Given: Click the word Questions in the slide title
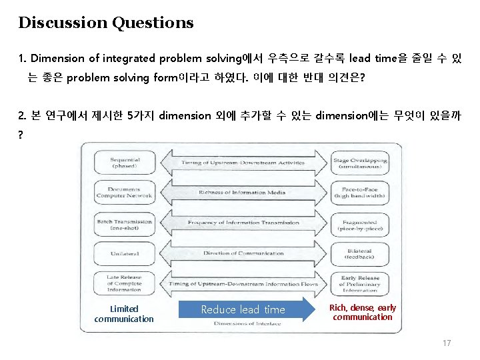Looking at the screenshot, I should click(x=153, y=23).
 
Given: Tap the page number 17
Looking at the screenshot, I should click(x=447, y=343).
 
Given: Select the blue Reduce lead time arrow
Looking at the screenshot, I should click(x=249, y=309).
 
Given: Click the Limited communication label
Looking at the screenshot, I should click(x=124, y=313).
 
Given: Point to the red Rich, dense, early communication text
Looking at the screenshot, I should click(x=363, y=312).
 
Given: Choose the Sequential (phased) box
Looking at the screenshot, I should click(x=124, y=163).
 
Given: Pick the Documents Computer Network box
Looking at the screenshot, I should click(x=124, y=193).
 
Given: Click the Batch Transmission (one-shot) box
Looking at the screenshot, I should click(x=124, y=223).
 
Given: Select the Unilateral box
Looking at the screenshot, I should click(x=124, y=253).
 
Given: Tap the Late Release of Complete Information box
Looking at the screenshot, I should click(x=124, y=283).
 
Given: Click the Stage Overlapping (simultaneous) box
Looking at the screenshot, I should click(x=360, y=163).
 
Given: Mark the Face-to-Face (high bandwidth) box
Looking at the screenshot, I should click(x=360, y=193).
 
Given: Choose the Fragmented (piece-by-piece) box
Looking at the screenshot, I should click(x=360, y=223).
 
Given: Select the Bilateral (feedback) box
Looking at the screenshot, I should click(x=360, y=253).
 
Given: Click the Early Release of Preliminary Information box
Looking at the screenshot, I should click(x=360, y=283).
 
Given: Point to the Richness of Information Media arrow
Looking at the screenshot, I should click(x=242, y=193).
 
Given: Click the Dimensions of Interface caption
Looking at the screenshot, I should click(x=247, y=323).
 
